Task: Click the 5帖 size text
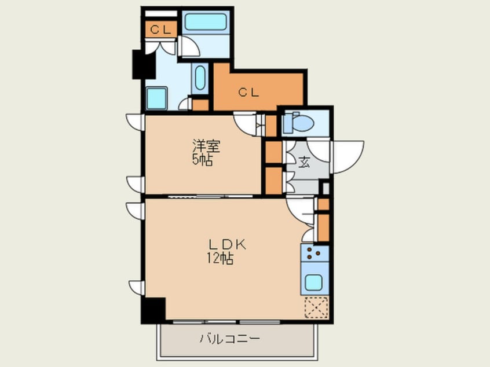202,159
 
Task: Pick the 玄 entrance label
303,162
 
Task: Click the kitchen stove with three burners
315,253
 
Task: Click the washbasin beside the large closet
200,79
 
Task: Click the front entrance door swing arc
346,156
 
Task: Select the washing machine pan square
156,98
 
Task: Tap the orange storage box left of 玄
273,154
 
